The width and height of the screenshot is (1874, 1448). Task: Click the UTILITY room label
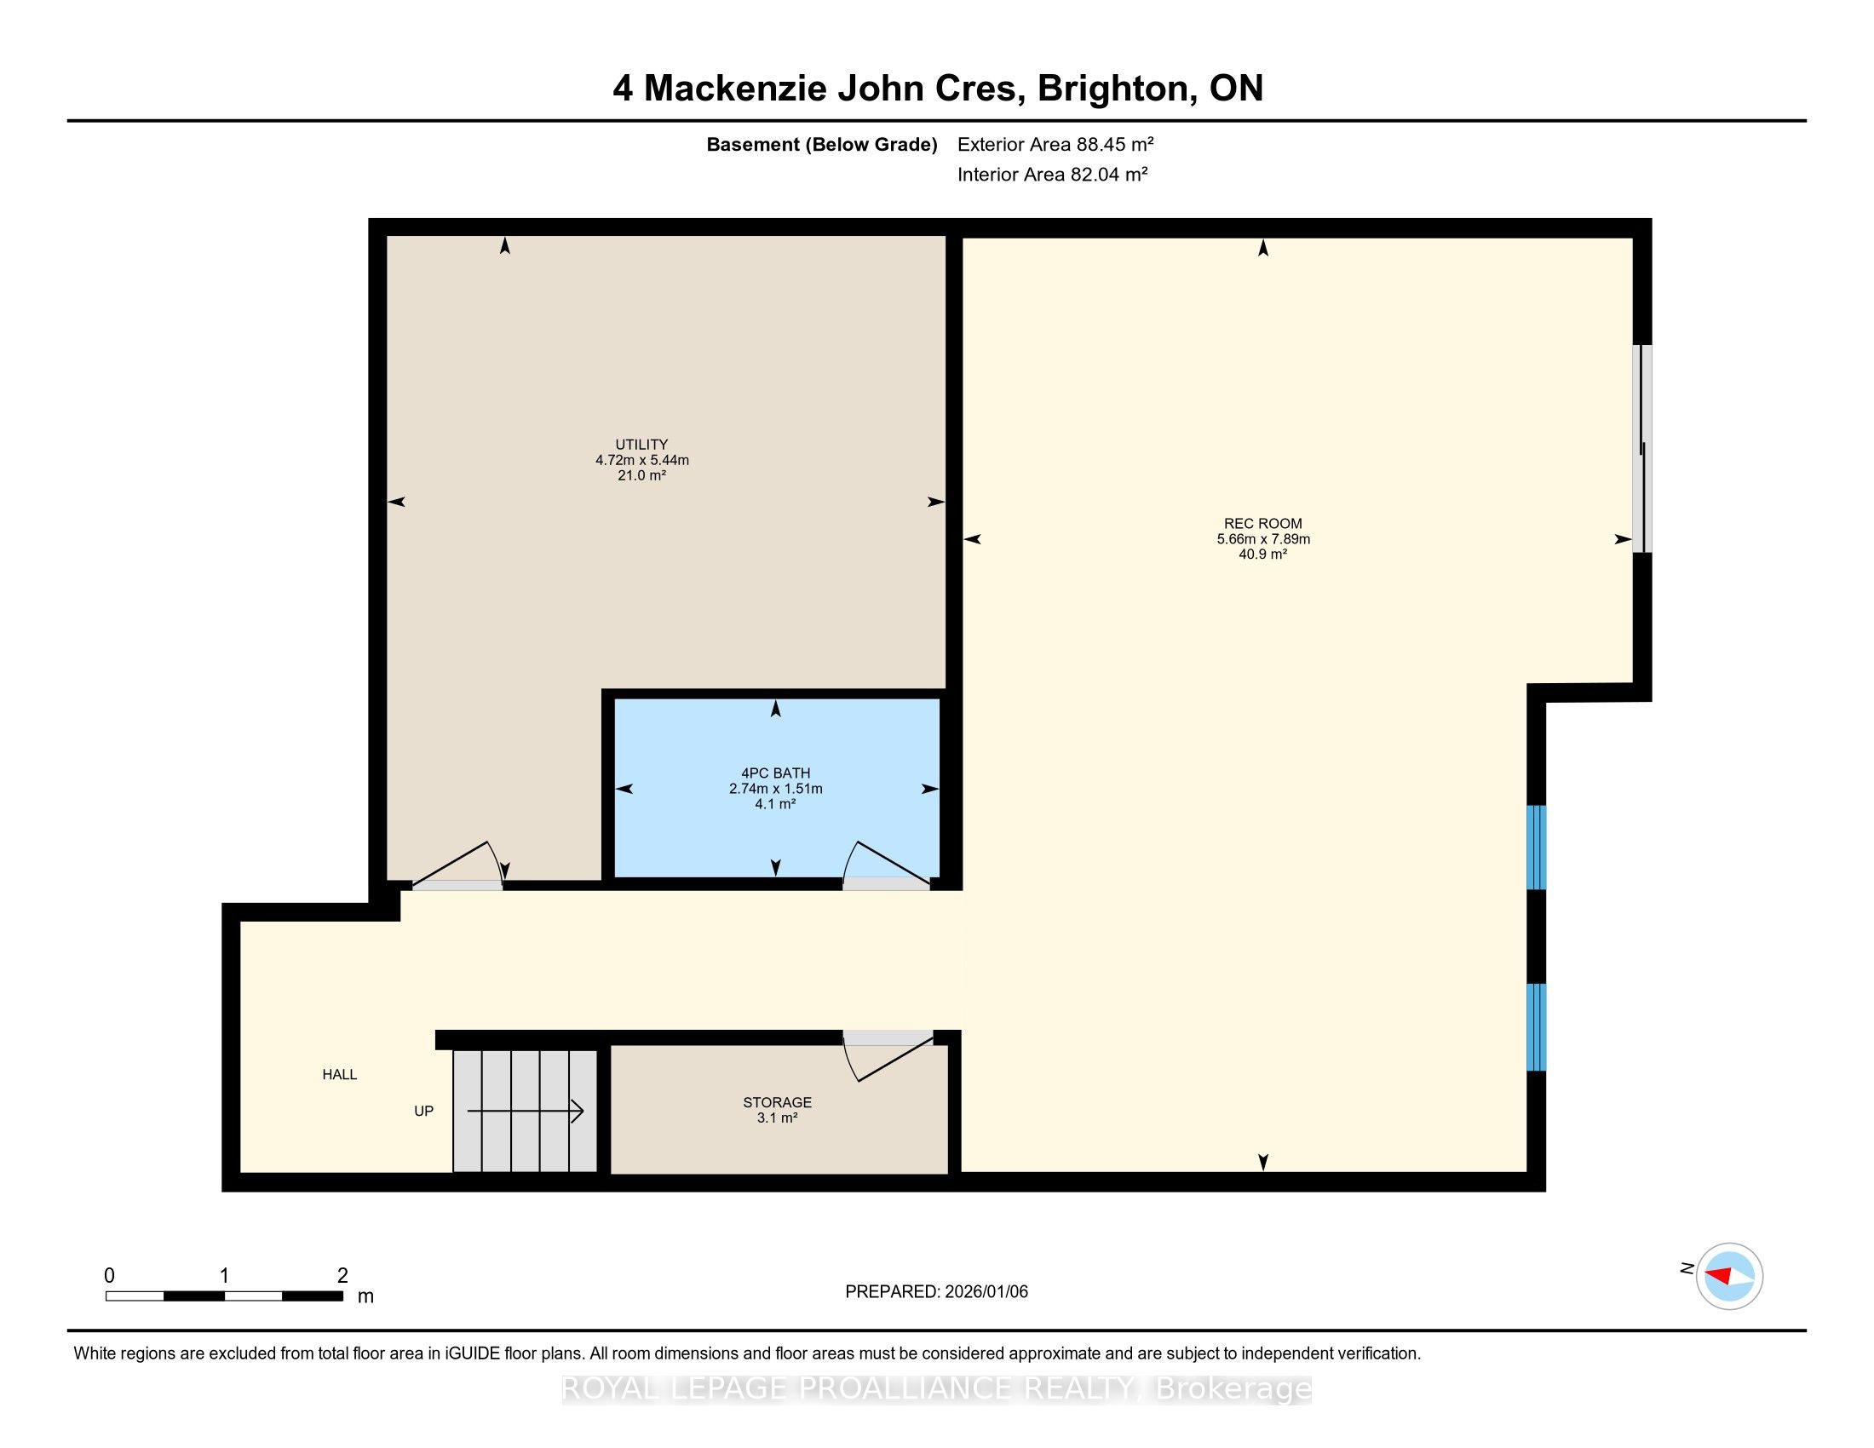point(641,445)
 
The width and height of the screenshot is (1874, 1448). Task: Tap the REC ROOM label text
point(1263,523)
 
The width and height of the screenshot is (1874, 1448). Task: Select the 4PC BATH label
point(776,773)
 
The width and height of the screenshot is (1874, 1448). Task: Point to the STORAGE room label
point(778,1102)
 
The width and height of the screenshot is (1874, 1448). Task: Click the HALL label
point(340,1075)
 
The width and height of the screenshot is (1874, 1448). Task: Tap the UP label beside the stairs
point(424,1111)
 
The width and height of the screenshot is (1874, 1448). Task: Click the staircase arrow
point(525,1112)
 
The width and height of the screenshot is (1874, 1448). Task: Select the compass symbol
point(1729,1277)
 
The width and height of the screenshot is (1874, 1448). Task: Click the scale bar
point(225,1296)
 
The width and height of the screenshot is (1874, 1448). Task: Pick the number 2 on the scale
point(343,1276)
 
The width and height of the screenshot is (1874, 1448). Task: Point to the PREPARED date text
point(936,1292)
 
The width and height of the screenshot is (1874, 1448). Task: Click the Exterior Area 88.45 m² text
point(1055,144)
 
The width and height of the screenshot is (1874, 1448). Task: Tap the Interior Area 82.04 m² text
point(1053,174)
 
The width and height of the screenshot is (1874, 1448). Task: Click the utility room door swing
point(459,863)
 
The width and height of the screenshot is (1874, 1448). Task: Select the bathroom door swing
point(887,863)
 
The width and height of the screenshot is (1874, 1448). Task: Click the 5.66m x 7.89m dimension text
point(1263,539)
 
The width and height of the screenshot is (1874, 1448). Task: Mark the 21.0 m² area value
point(641,475)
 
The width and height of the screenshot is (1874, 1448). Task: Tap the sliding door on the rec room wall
point(1641,449)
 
